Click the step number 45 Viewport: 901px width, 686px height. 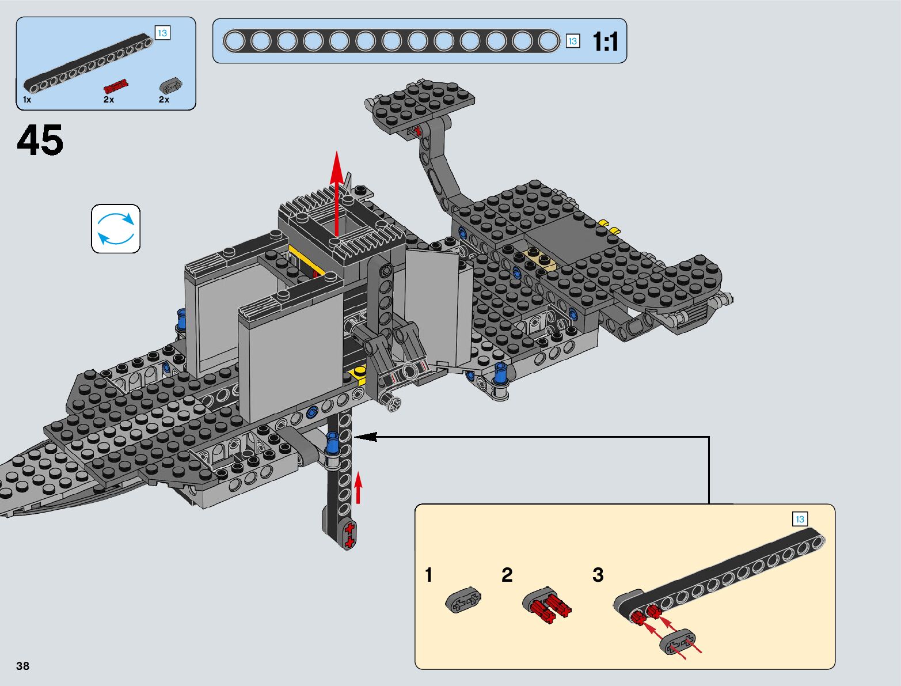pos(40,141)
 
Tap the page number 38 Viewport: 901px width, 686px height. pos(22,666)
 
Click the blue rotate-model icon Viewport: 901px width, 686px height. pos(116,229)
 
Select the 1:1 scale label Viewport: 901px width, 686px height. pos(605,41)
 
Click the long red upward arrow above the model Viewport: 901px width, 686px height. pos(337,193)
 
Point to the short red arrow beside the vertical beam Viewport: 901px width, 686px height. pos(358,488)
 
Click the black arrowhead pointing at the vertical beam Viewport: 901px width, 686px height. pos(365,437)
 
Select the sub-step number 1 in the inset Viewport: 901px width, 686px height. pos(429,575)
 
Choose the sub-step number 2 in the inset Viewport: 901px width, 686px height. pos(507,575)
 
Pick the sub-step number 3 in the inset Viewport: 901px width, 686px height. pos(598,575)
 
